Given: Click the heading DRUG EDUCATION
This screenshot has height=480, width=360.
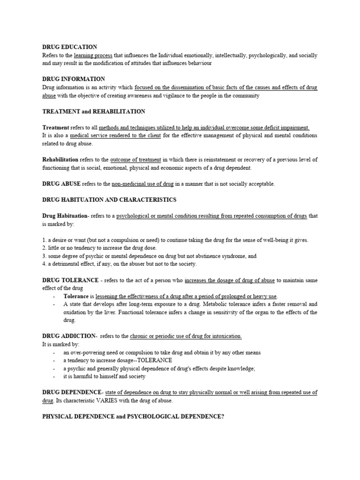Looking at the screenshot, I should point(69,47).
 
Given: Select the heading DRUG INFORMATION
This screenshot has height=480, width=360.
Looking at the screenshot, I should point(73,79).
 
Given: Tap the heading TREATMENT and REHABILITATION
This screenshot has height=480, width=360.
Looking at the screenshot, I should point(93,112).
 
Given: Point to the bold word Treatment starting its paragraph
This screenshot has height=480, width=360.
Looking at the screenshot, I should point(56,127).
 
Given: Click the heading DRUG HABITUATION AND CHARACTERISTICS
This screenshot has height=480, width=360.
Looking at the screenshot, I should point(109,200).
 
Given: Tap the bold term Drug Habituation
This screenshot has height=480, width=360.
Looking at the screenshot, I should point(64,216).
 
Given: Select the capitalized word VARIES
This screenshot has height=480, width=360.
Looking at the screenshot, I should point(148,401).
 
